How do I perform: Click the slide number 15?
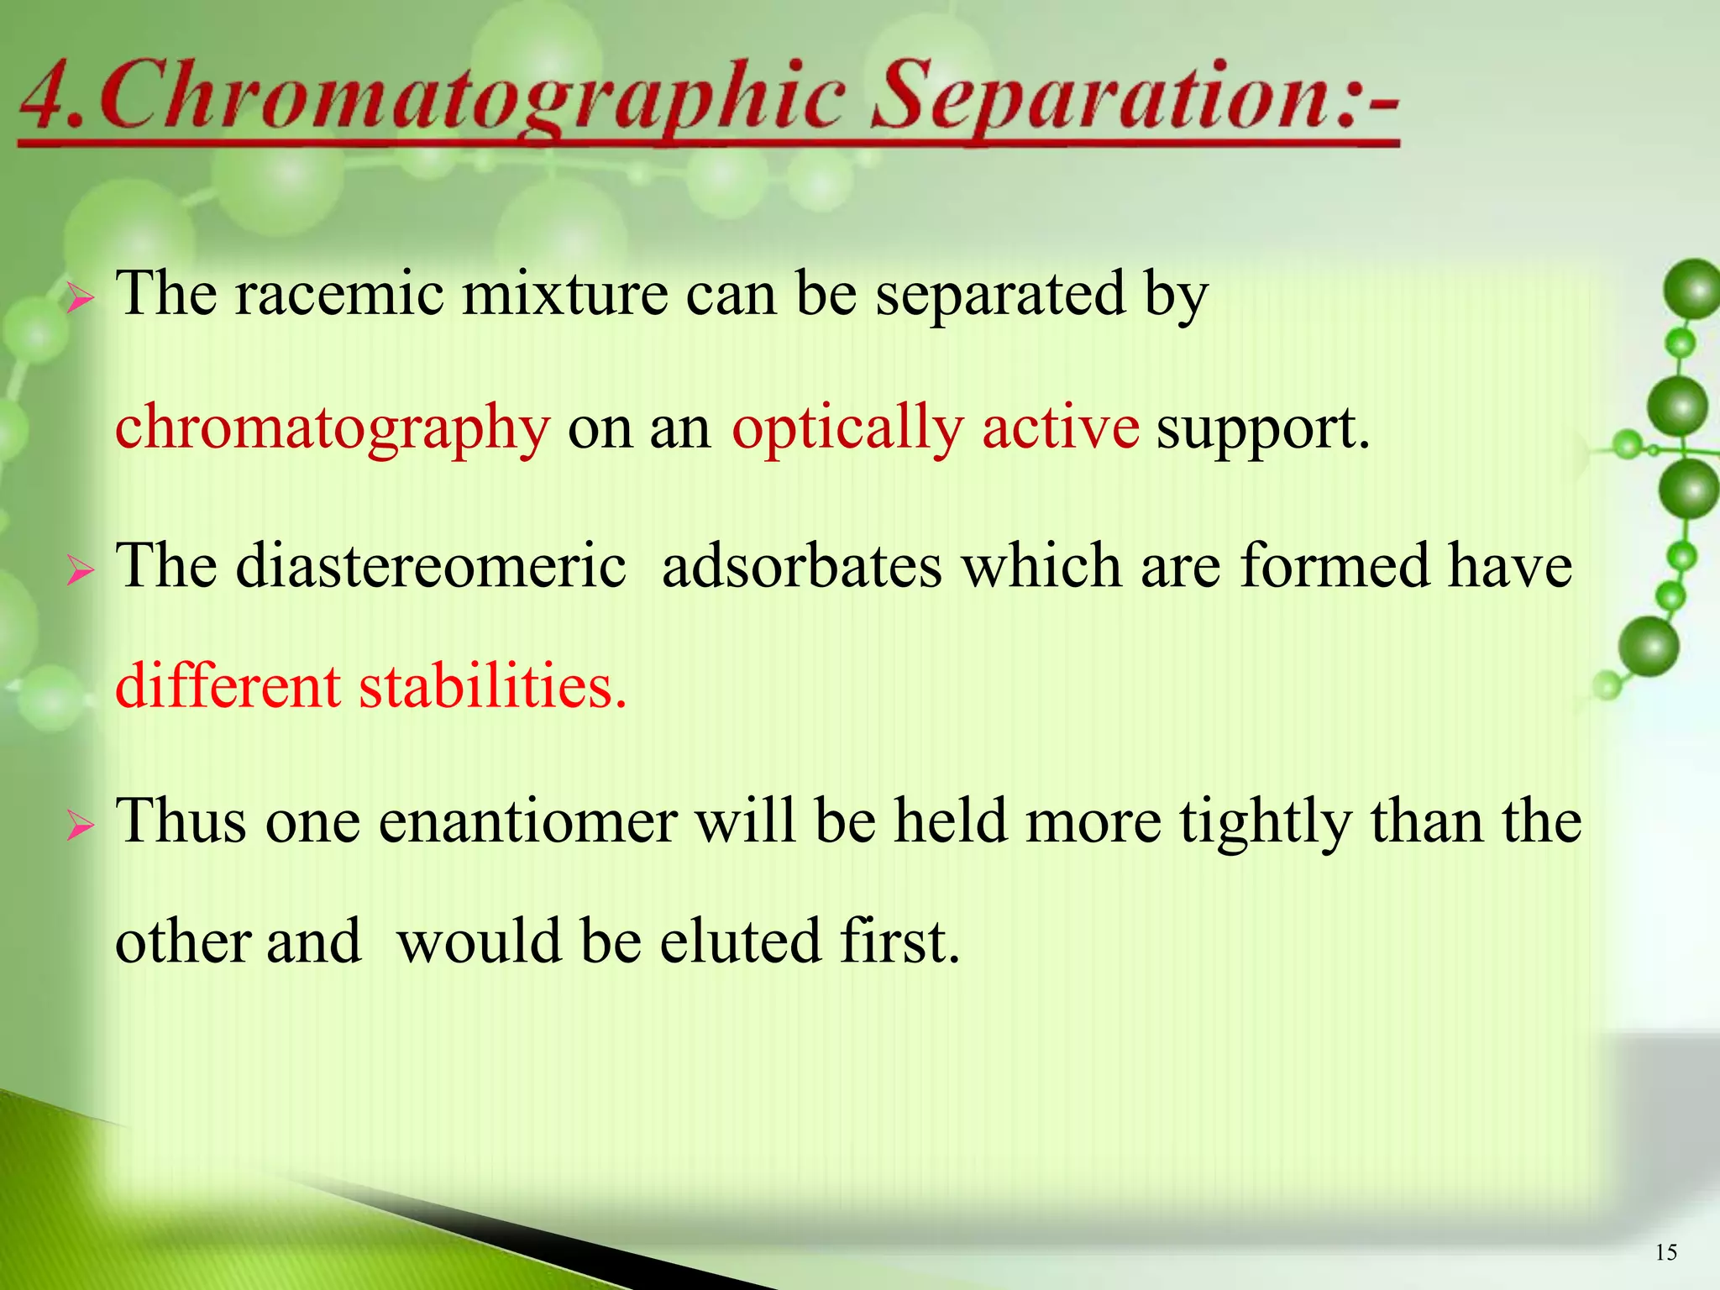click(1666, 1253)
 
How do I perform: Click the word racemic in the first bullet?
click(339, 294)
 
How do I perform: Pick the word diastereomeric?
click(430, 566)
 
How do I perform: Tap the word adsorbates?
click(801, 566)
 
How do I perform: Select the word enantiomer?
click(527, 821)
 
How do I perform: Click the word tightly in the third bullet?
click(1265, 821)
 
